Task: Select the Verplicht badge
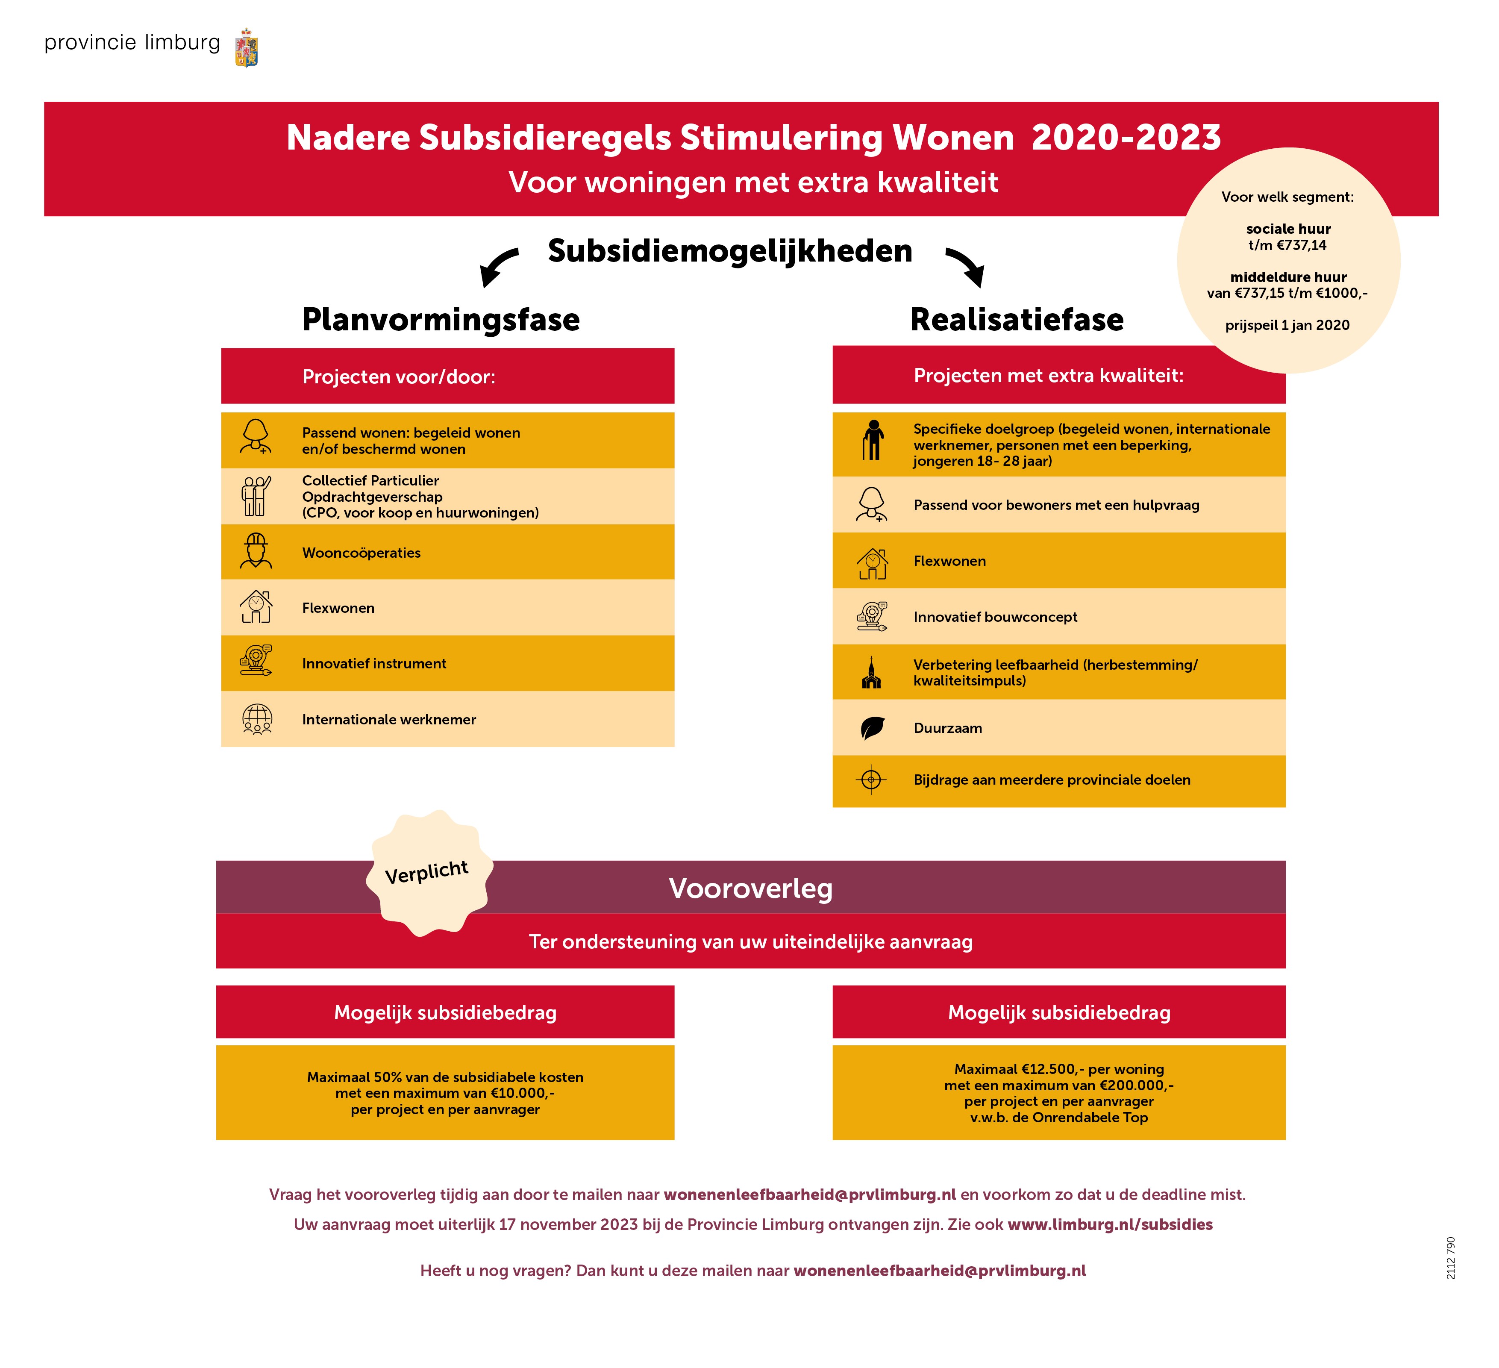(x=428, y=872)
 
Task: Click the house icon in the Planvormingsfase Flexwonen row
(x=256, y=607)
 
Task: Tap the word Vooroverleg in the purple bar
(x=750, y=888)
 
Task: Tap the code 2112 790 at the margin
(x=1451, y=1258)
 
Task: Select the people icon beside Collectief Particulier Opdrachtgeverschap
(x=256, y=496)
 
